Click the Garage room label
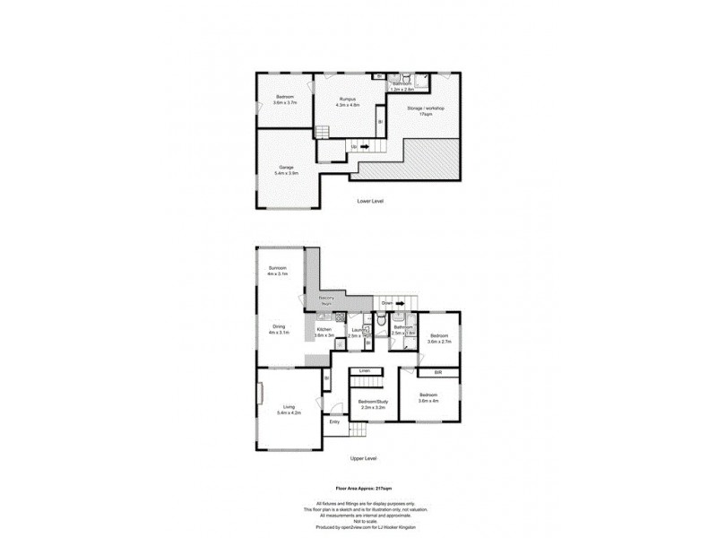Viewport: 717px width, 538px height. tap(286, 167)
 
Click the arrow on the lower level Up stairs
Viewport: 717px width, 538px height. tap(365, 145)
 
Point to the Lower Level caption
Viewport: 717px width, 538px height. tap(369, 201)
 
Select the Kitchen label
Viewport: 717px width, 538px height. tap(324, 329)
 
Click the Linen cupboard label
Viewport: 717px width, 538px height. tap(365, 371)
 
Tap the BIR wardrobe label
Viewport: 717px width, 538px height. tap(439, 371)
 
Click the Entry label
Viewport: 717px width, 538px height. tap(334, 421)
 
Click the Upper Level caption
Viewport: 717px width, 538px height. tap(364, 458)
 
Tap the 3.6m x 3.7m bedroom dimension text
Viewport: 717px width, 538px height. tap(285, 102)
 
